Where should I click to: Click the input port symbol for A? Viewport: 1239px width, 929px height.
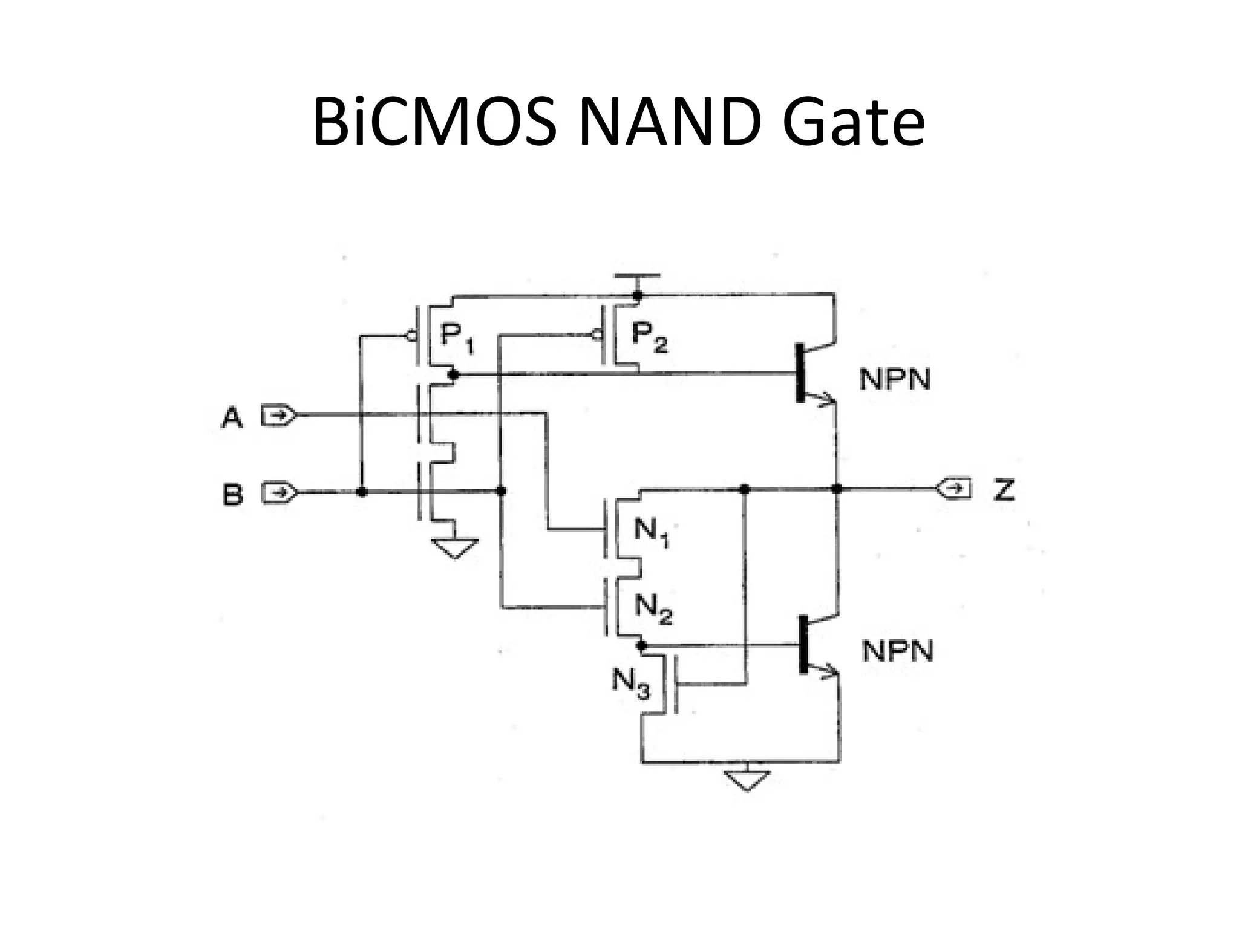coord(279,416)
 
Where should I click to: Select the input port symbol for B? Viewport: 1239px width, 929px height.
coord(279,492)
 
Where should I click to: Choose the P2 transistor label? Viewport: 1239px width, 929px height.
coord(649,336)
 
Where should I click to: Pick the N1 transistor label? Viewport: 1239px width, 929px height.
coord(651,532)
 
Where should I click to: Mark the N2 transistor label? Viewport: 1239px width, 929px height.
coord(653,607)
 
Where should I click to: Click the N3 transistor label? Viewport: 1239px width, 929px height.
coord(630,683)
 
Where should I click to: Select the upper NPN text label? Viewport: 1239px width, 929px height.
coord(895,379)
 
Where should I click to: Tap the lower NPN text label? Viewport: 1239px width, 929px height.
coord(897,651)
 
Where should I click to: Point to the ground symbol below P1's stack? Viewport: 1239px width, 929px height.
coord(455,548)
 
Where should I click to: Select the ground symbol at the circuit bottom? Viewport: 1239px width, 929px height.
coord(747,780)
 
